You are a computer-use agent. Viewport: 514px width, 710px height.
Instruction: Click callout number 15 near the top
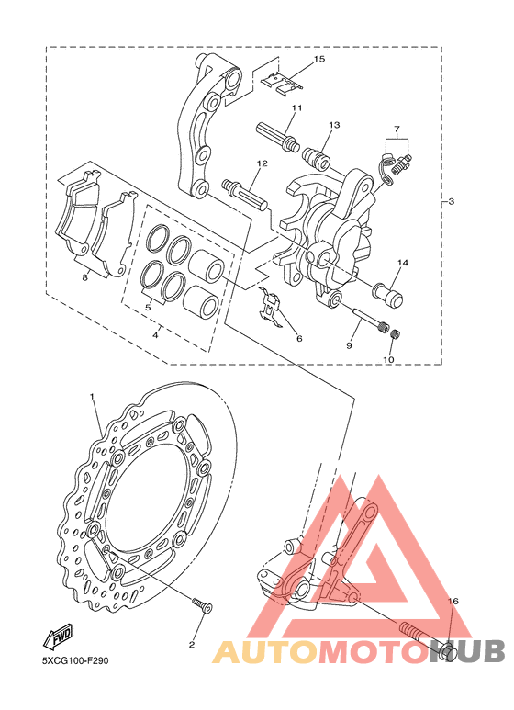(319, 59)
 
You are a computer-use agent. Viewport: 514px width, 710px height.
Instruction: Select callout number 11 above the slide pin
(296, 107)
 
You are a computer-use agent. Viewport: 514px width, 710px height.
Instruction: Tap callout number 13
(334, 125)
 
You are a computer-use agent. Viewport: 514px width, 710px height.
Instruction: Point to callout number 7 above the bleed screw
(397, 129)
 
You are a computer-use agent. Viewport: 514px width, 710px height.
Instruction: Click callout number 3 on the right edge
(451, 201)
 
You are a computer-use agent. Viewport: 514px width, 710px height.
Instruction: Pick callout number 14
(403, 263)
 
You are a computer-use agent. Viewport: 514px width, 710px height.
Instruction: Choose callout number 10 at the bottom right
(388, 359)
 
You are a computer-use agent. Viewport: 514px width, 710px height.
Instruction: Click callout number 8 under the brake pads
(84, 277)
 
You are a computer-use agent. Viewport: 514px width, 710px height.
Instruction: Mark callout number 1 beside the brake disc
(92, 396)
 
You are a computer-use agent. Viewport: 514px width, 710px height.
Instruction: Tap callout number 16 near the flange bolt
(453, 602)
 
